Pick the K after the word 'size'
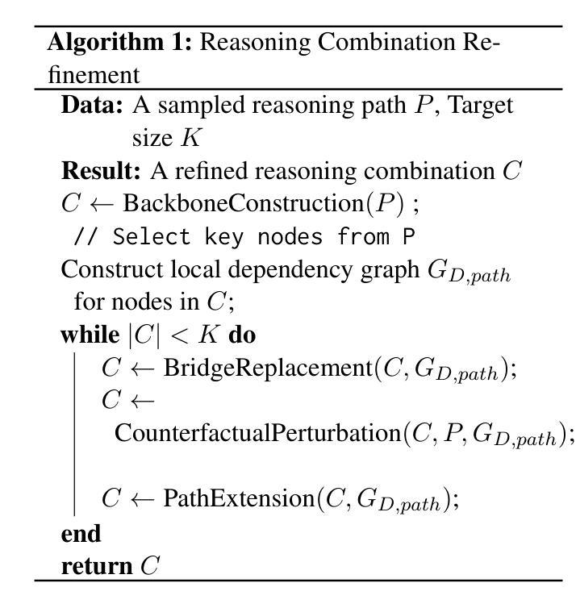(x=190, y=139)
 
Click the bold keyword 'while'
(x=89, y=334)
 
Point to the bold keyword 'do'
(x=243, y=334)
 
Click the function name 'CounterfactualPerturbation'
(x=258, y=433)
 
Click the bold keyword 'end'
(x=81, y=533)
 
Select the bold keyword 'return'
(x=96, y=566)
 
